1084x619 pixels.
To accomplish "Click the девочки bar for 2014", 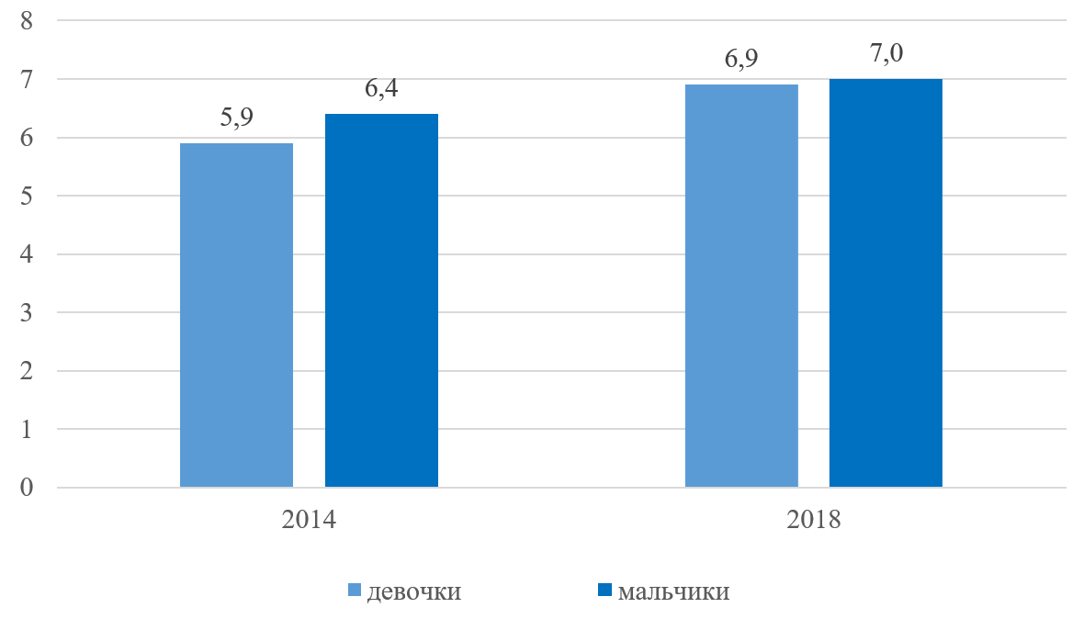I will tap(236, 315).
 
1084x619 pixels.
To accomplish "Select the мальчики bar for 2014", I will tap(381, 300).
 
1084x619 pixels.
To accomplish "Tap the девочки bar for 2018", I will tap(741, 286).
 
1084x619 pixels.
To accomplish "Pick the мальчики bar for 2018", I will tap(886, 283).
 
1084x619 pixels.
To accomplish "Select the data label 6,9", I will tap(741, 60).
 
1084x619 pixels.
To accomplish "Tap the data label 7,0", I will tap(886, 54).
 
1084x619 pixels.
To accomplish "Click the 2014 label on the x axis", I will tap(309, 519).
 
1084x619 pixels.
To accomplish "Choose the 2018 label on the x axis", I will tap(814, 519).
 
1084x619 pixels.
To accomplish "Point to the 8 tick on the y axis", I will tap(27, 21).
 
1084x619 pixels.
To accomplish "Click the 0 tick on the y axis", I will tap(27, 487).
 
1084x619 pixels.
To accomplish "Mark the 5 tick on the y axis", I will tap(27, 196).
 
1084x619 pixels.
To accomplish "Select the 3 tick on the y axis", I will tap(27, 312).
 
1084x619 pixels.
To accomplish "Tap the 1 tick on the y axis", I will tap(27, 429).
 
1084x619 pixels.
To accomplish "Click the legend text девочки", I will tap(413, 591).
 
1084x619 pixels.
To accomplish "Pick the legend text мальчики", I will tap(673, 591).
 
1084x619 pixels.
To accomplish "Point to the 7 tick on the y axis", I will tap(27, 80).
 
